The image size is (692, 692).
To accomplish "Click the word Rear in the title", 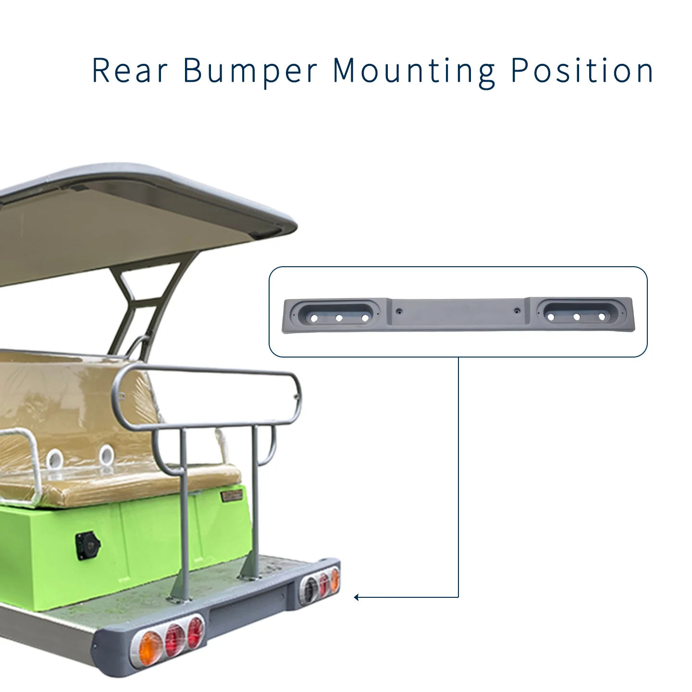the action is click(130, 70).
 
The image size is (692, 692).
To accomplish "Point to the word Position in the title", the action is click(582, 70).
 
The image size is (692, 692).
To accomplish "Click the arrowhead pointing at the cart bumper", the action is click(356, 597).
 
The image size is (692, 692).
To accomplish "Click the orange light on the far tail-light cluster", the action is click(334, 579).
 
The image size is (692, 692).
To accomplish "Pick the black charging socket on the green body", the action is click(87, 546).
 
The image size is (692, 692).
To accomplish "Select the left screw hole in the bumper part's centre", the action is click(399, 311).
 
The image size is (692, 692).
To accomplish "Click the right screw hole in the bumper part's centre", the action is click(517, 310).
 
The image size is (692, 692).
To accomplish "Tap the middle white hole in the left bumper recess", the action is click(339, 318).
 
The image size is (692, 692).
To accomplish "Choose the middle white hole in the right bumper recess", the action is click(577, 317).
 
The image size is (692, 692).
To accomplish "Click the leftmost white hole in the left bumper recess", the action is click(314, 318).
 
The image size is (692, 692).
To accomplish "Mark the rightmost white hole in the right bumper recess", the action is click(602, 317).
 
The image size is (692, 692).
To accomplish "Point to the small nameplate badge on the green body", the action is click(232, 496).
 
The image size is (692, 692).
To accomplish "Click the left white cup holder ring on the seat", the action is click(55, 458).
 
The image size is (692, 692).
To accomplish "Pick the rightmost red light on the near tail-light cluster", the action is click(195, 631).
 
